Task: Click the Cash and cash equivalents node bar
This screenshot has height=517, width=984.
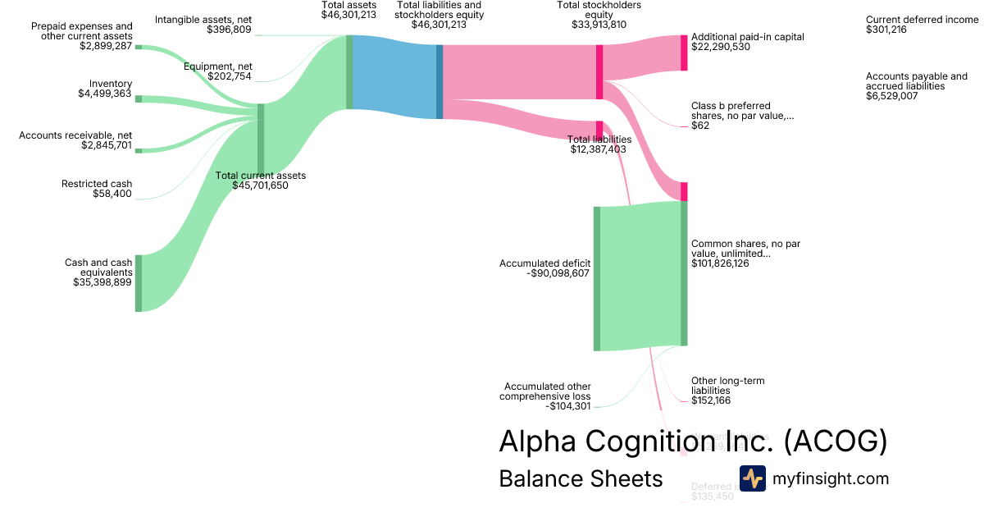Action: point(139,283)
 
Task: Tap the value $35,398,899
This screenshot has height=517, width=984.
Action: point(102,282)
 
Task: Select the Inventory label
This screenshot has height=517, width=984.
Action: point(111,84)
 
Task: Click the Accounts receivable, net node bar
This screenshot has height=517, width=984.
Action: point(139,151)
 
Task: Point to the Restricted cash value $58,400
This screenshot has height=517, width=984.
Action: point(112,194)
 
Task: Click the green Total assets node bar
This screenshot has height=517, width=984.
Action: point(349,72)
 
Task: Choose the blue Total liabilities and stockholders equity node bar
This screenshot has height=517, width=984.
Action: point(440,81)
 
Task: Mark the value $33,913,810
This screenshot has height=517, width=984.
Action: point(599,25)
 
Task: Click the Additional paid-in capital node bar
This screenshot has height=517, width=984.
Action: point(684,53)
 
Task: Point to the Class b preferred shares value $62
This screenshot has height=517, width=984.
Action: point(700,126)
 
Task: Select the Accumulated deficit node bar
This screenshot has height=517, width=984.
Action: point(596,278)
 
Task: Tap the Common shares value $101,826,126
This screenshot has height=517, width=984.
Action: point(720,263)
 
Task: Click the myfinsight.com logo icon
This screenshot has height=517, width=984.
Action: point(752,478)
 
